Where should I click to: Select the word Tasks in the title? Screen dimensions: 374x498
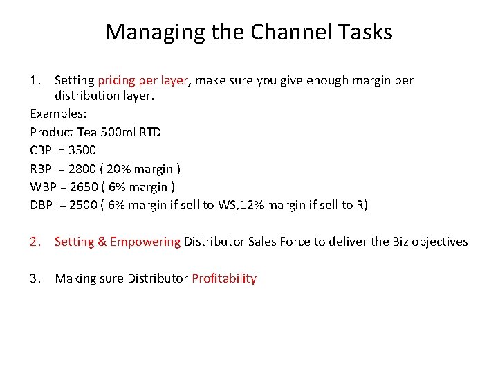click(x=367, y=32)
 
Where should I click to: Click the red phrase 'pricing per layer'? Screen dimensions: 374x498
click(x=143, y=81)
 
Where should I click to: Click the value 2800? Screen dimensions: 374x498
click(x=83, y=168)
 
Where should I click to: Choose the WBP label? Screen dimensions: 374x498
click(x=44, y=187)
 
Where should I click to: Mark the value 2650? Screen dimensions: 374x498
click(x=83, y=187)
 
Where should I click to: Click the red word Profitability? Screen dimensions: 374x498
click(x=224, y=279)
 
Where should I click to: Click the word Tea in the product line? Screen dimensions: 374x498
click(x=88, y=131)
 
